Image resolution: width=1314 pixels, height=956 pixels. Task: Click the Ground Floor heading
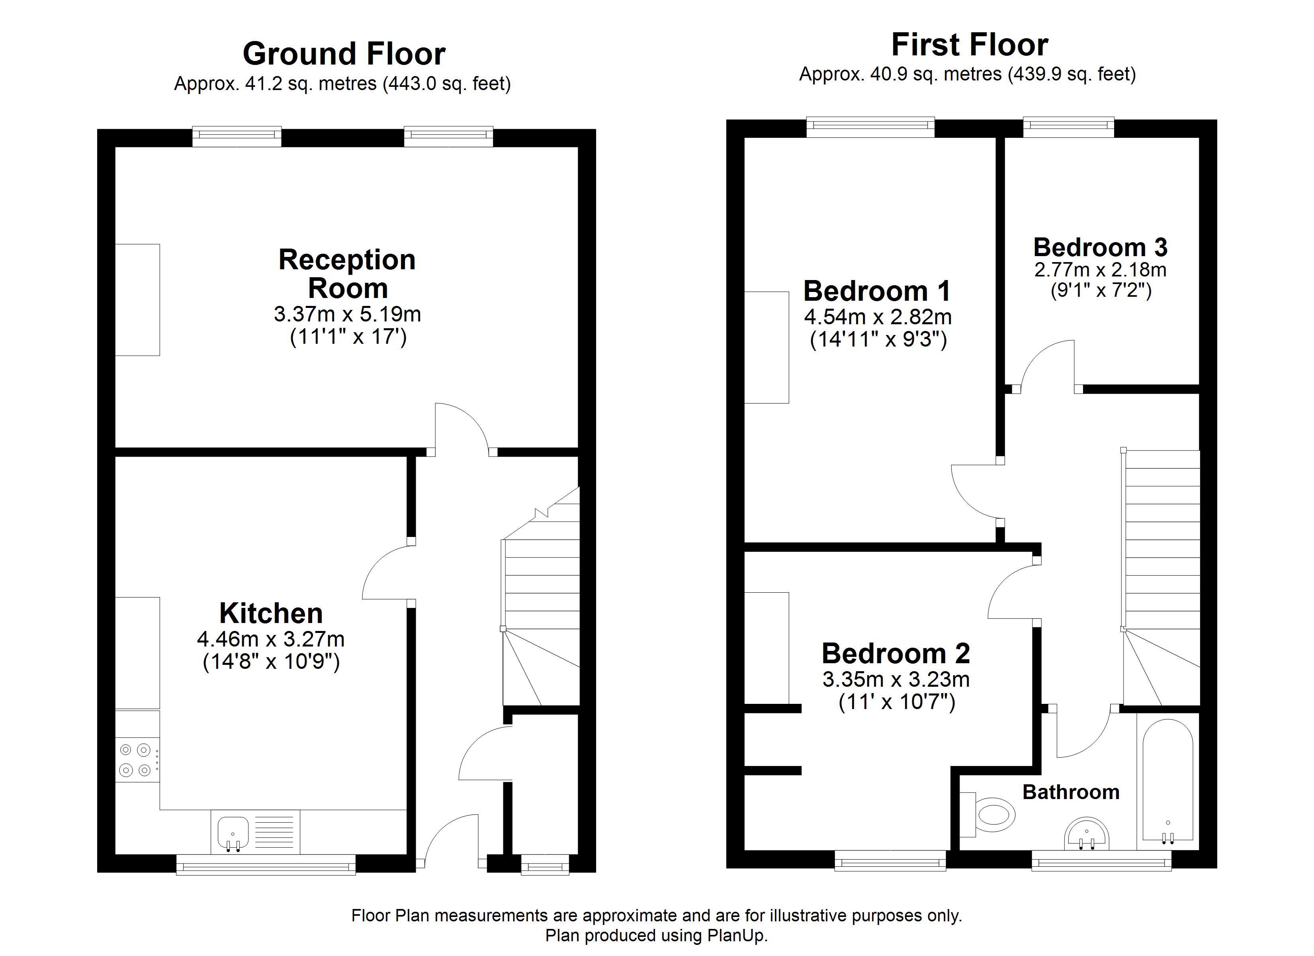point(344,54)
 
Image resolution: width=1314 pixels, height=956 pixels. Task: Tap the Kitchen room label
point(271,613)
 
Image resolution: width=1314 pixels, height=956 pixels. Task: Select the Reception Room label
point(347,274)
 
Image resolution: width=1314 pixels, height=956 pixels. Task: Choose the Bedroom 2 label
point(896,653)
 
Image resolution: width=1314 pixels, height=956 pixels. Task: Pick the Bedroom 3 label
point(1100,247)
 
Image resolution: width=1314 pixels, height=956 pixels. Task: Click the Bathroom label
point(1071,792)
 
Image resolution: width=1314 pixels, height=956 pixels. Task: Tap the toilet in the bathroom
point(987,815)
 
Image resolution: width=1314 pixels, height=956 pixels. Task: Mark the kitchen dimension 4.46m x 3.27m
point(270,639)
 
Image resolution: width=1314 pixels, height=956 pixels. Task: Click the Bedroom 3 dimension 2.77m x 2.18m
point(1100,270)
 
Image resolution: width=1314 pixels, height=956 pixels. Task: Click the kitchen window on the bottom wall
point(266,867)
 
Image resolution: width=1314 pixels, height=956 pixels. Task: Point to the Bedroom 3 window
point(1068,127)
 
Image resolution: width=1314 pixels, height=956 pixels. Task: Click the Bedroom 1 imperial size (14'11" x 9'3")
point(878,339)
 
